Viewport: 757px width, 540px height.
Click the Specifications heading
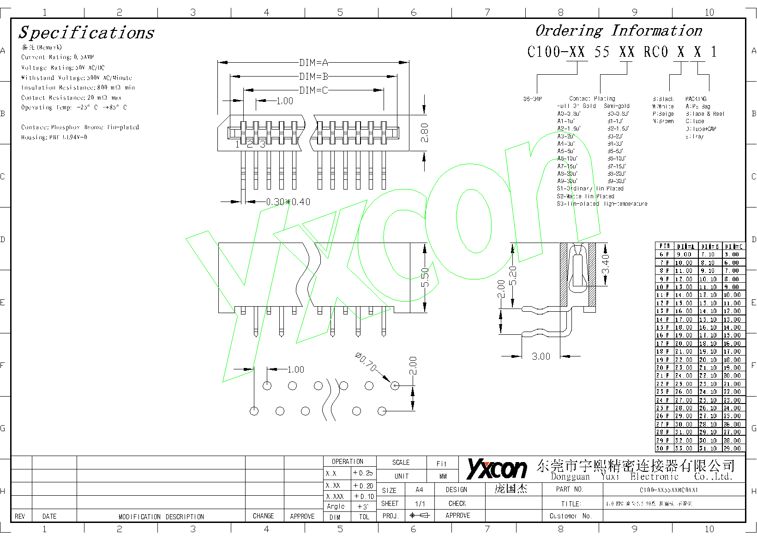(86, 33)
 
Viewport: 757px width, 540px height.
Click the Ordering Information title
(619, 31)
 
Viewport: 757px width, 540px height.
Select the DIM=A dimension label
(313, 63)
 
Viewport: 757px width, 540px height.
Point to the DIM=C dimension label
(313, 90)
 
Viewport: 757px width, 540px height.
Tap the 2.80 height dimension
(425, 133)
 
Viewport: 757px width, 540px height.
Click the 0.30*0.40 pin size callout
(288, 202)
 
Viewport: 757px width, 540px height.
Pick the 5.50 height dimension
(425, 277)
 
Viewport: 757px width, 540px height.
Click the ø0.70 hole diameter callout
(366, 362)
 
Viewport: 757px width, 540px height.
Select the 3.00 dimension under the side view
(541, 356)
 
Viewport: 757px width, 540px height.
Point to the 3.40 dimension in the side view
(605, 264)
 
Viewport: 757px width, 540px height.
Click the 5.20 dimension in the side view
(513, 275)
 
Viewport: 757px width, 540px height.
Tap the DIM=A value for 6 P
(685, 255)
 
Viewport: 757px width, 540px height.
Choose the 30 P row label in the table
(663, 448)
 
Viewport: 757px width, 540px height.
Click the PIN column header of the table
(664, 246)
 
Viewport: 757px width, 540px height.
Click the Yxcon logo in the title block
(497, 469)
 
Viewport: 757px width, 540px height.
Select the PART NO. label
(570, 489)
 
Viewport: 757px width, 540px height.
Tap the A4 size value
(419, 490)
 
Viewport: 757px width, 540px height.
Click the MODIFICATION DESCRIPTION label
(161, 517)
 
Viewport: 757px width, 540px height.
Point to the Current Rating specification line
(58, 57)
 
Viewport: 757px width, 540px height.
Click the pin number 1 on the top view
(237, 145)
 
